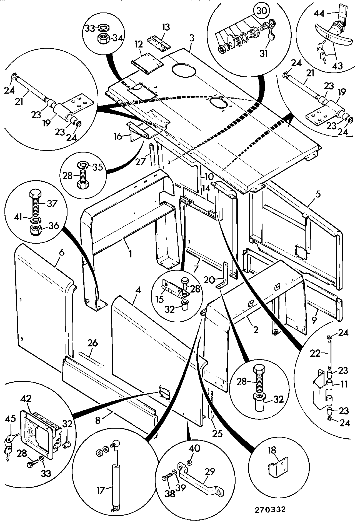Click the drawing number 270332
270,510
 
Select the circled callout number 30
262,11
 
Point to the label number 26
92,343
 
